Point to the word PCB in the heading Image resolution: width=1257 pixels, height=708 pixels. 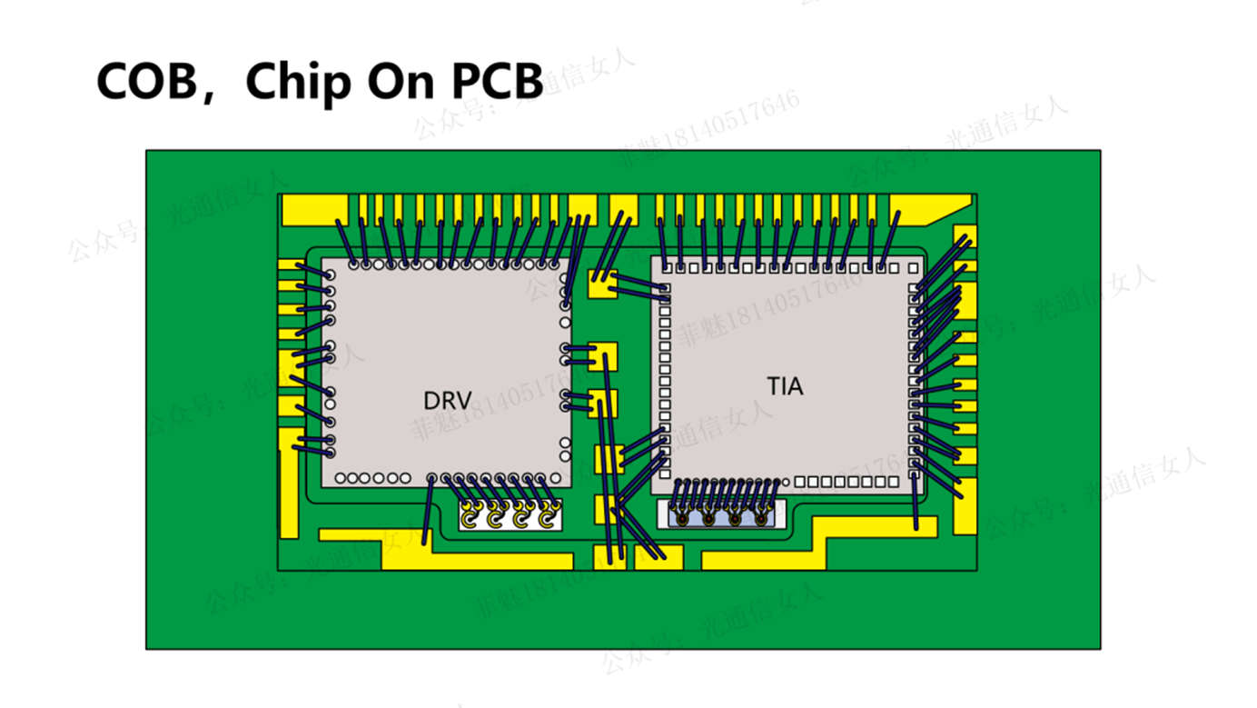click(x=497, y=82)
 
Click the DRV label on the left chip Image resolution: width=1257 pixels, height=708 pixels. click(x=447, y=401)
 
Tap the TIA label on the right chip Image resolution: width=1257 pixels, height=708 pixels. click(x=785, y=386)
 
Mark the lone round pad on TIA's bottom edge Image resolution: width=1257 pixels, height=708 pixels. click(x=787, y=482)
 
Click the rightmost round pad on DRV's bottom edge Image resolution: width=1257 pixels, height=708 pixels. click(x=555, y=478)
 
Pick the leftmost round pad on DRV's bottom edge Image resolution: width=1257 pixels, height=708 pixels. click(x=340, y=478)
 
